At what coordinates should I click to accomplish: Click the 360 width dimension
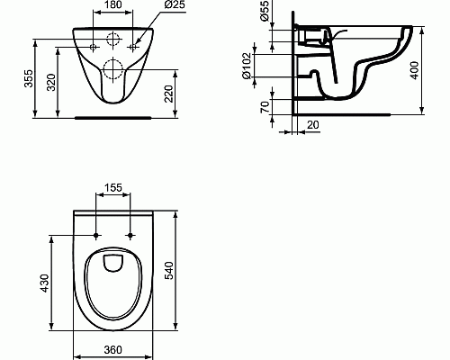112,348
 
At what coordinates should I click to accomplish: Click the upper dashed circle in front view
113,40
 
